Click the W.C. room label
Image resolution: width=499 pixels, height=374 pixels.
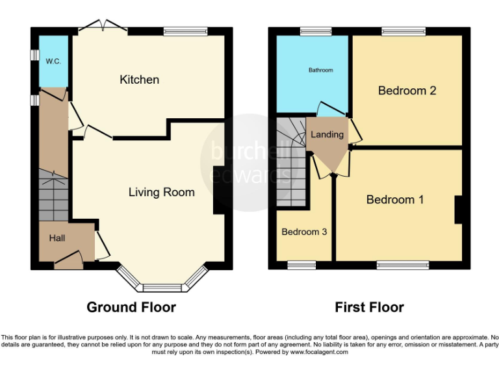click(x=53, y=62)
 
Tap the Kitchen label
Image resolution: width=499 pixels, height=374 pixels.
click(x=139, y=80)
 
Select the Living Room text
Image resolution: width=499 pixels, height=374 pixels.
click(x=161, y=192)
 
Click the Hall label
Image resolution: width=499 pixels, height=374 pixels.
click(x=57, y=239)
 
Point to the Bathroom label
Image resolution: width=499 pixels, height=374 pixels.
click(x=320, y=70)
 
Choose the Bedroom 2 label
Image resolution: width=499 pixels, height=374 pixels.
click(x=407, y=91)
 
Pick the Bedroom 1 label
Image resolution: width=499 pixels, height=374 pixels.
click(x=395, y=200)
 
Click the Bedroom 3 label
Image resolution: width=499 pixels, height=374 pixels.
click(x=304, y=232)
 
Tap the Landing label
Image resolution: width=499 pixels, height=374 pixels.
click(x=327, y=135)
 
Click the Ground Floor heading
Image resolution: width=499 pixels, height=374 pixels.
click(x=131, y=307)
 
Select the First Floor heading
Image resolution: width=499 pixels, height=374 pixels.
click(x=369, y=307)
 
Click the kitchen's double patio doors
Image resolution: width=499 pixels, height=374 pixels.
click(x=102, y=27)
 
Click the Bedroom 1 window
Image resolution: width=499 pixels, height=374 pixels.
click(x=403, y=265)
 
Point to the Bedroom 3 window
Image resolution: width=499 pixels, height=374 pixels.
click(x=301, y=265)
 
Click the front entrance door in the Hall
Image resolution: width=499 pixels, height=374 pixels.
click(x=68, y=261)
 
